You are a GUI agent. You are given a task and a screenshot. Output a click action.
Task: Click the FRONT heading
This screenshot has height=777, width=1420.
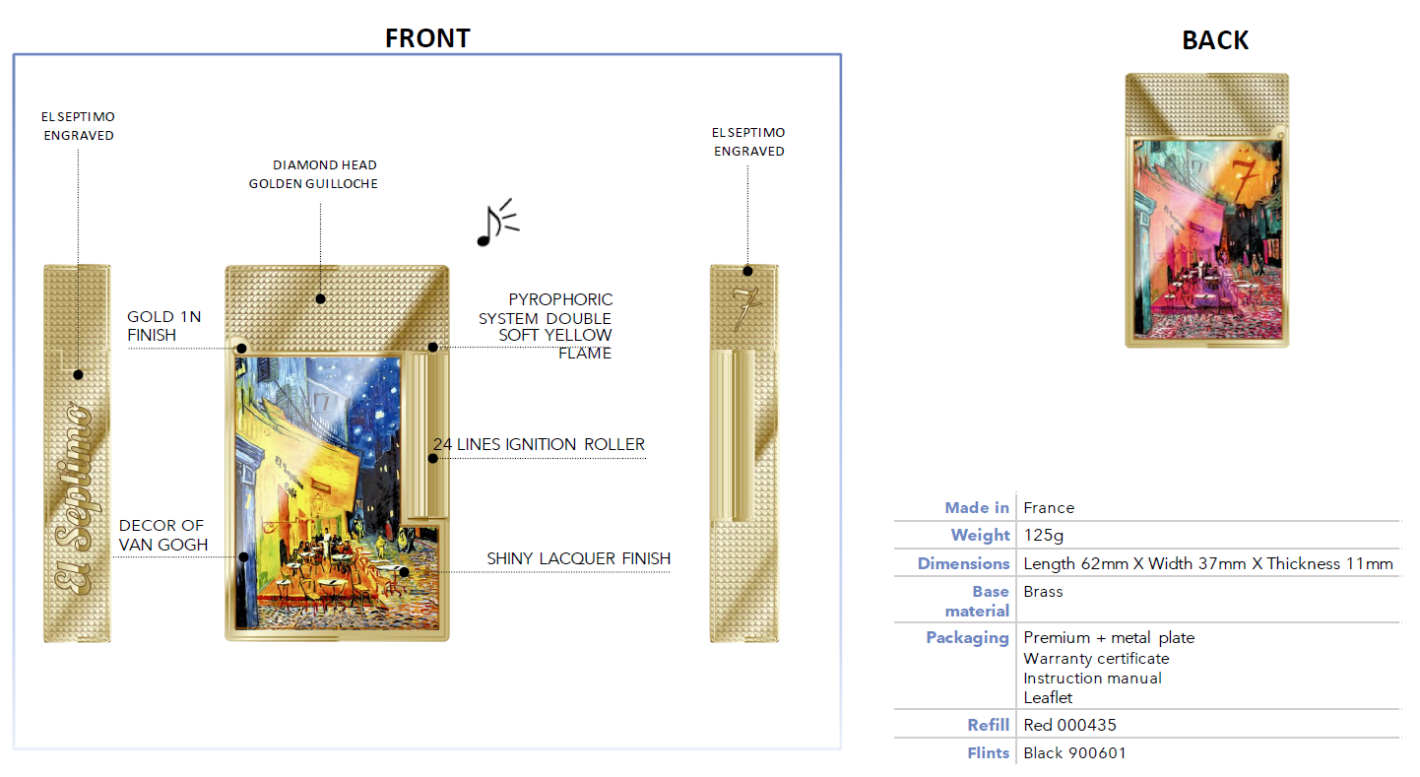[427, 38]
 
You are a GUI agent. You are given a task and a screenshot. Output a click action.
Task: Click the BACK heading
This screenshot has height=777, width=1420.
[1215, 40]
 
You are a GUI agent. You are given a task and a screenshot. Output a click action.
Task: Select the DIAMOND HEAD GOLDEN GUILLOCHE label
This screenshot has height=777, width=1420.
[313, 174]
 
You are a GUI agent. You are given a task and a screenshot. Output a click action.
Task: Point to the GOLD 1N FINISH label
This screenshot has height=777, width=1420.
[163, 326]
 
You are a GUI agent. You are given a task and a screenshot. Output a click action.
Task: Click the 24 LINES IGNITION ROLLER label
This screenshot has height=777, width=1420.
[539, 444]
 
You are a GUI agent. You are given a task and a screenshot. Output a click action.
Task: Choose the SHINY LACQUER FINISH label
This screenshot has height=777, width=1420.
[578, 558]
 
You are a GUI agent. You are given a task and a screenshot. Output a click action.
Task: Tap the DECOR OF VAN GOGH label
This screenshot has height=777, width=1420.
[162, 535]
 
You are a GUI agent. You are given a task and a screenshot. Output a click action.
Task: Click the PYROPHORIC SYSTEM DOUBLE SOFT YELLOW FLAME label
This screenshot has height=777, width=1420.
[546, 326]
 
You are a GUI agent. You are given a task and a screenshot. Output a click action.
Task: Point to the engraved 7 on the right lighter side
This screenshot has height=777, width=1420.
[746, 308]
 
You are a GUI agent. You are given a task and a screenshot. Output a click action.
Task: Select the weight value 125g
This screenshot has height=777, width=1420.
[1044, 536]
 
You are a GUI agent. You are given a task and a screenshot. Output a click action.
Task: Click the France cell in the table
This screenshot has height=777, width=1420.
[1049, 507]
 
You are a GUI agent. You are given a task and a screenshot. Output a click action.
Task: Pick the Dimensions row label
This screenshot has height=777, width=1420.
[963, 563]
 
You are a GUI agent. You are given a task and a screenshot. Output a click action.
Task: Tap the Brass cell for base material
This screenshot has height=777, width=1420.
[1043, 591]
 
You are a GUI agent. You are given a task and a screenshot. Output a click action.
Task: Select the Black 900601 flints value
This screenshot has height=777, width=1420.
[1074, 753]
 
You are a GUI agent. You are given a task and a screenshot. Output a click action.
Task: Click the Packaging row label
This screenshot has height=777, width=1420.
[967, 638]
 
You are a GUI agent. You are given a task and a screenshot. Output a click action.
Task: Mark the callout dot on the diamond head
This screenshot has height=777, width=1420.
[321, 298]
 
